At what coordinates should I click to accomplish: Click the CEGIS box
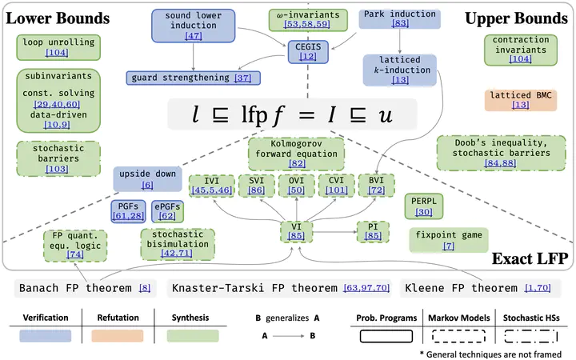[308, 51]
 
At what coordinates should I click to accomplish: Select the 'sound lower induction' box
[194, 26]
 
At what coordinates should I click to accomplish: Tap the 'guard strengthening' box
[194, 78]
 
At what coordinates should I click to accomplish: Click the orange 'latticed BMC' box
[521, 100]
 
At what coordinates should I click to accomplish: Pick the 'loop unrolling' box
[58, 47]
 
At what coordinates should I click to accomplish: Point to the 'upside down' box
[147, 179]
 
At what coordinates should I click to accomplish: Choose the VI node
[296, 231]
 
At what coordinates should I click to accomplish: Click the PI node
[373, 231]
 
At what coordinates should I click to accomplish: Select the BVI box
[376, 185]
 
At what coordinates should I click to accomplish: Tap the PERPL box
[423, 206]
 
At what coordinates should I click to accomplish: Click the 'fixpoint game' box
[449, 240]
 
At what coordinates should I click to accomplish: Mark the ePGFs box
[167, 211]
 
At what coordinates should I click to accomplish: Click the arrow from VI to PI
[334, 232]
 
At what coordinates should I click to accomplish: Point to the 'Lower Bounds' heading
[58, 18]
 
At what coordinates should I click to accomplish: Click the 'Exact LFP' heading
[530, 258]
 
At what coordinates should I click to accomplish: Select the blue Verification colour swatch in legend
[45, 336]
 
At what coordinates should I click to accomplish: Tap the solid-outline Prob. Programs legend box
[386, 336]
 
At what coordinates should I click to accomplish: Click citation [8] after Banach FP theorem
[145, 288]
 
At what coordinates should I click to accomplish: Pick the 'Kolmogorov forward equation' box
[296, 153]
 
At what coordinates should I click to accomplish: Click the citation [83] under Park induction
[400, 23]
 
